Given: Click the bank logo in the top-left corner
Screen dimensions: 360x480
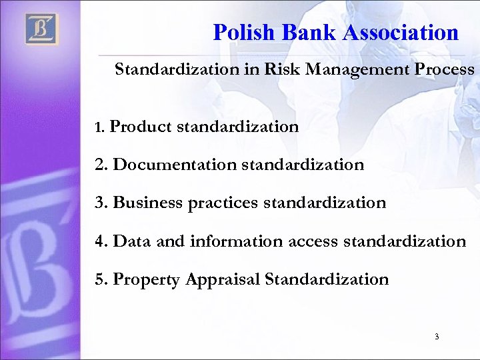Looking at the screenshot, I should click(42, 29).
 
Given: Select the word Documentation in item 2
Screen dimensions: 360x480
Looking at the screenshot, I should click(175, 165).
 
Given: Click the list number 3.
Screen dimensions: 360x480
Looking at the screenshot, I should click(100, 203).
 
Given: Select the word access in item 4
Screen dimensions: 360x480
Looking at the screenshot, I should click(313, 241).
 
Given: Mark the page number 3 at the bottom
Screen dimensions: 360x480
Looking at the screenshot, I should click(437, 337).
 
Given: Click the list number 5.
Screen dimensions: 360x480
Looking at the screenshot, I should click(100, 279).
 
